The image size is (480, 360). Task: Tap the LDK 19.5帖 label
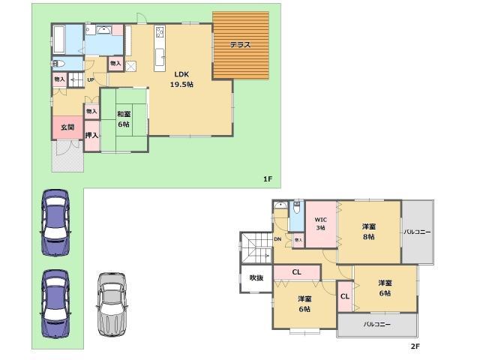(x=181, y=79)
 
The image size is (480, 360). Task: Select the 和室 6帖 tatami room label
(x=124, y=119)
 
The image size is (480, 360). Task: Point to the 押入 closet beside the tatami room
(x=91, y=136)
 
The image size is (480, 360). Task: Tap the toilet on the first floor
(x=60, y=64)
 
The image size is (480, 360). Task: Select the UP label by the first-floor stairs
(x=90, y=80)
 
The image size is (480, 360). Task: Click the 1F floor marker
(x=267, y=178)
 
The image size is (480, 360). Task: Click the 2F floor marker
(x=415, y=346)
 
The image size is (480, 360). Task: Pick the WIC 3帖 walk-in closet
(x=319, y=223)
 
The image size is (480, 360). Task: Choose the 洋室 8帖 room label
(x=368, y=231)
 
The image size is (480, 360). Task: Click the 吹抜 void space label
(x=256, y=277)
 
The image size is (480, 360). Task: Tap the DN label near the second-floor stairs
(x=277, y=239)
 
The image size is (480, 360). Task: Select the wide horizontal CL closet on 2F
(x=297, y=272)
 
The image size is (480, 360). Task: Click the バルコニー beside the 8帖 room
(x=417, y=232)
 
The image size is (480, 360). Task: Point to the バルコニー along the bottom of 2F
(x=377, y=325)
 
